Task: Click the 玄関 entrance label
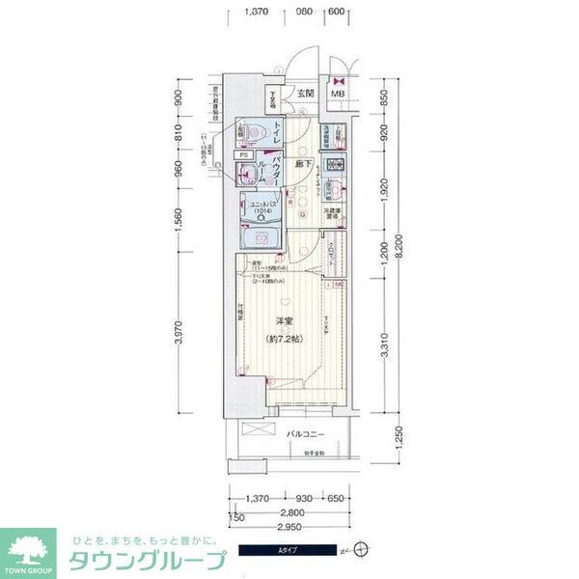click(306, 94)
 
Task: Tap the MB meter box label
click(339, 94)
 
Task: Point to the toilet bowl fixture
click(253, 130)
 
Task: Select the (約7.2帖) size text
click(283, 340)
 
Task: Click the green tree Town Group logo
click(27, 548)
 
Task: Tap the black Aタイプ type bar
click(289, 551)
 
